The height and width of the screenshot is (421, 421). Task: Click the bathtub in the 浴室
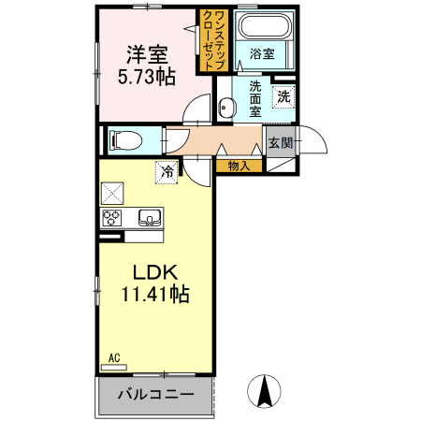(x=264, y=28)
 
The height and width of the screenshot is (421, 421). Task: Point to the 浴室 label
(x=262, y=54)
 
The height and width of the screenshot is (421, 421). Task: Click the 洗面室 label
(x=254, y=98)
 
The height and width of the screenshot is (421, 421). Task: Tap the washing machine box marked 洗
(x=283, y=94)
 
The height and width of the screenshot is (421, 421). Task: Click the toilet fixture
(x=124, y=141)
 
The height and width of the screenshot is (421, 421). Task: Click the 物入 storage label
(x=238, y=166)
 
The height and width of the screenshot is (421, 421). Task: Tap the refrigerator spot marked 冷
(x=167, y=171)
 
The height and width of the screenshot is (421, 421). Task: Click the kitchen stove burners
(x=112, y=219)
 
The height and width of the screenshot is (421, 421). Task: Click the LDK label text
(x=154, y=273)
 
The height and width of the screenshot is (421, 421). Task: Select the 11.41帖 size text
(x=154, y=296)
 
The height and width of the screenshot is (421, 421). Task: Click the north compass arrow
(x=265, y=390)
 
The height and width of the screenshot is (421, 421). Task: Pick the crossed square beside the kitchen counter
(x=114, y=194)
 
